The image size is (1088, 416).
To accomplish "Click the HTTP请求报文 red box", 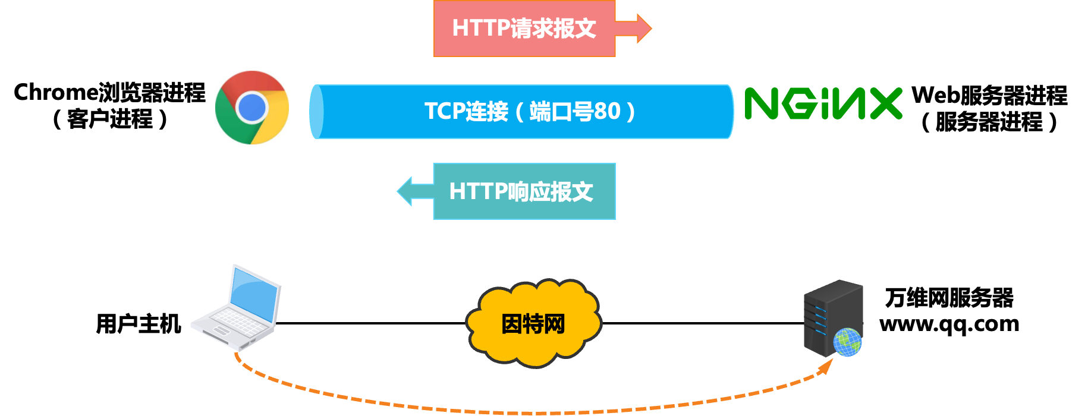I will (524, 29).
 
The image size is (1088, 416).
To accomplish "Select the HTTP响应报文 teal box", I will (524, 191).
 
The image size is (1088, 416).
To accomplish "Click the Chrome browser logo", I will (252, 108).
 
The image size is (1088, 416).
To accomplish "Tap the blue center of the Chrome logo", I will (251, 108).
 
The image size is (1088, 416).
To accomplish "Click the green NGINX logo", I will (823, 103).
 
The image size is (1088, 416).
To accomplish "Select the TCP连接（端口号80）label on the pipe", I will (529, 112).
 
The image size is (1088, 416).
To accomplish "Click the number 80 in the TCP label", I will (606, 112).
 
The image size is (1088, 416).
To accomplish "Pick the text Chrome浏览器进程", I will (109, 93).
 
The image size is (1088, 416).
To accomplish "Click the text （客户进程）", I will (109, 119).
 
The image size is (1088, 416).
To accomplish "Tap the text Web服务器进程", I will (989, 95).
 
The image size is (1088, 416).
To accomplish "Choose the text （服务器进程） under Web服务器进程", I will (989, 122).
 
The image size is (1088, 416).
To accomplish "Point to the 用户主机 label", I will (139, 324).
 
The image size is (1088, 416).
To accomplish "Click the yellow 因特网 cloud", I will (533, 323).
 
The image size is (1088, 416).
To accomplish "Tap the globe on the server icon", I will (847, 342).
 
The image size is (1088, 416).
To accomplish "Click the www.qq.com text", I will (949, 324).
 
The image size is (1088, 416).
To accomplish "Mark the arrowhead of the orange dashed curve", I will (826, 366).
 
